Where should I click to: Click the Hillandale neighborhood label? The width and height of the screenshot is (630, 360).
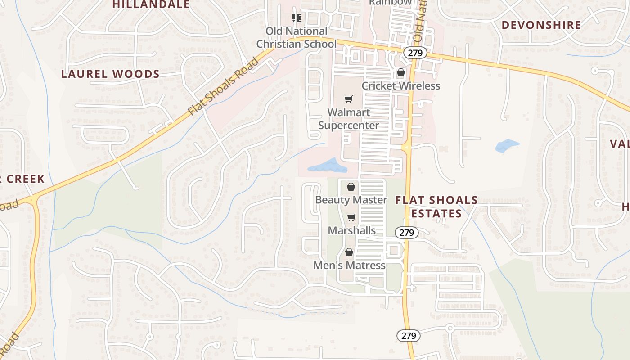(x=151, y=4)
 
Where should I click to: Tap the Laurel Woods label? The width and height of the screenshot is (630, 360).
(x=110, y=74)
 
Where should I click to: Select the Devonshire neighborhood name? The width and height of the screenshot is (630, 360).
(x=541, y=25)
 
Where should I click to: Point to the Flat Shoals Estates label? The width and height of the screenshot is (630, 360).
(x=436, y=207)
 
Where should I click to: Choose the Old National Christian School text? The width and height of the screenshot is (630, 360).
(x=297, y=38)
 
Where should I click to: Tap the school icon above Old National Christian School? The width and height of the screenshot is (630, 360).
(x=296, y=18)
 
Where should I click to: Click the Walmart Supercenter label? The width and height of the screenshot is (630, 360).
(x=349, y=119)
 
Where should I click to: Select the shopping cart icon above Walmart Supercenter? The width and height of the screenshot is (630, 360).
(x=349, y=99)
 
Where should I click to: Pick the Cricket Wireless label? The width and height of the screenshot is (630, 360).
(x=401, y=85)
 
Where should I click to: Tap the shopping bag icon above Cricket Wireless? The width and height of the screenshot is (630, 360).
(x=400, y=72)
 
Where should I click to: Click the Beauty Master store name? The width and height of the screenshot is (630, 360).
(x=351, y=200)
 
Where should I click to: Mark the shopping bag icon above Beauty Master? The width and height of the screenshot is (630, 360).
(x=351, y=186)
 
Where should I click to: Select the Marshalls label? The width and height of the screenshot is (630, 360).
(x=352, y=230)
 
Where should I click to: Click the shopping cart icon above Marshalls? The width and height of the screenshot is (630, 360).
(x=351, y=218)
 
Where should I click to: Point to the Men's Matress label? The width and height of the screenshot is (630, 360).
(x=349, y=265)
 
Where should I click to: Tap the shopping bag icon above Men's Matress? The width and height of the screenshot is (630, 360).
(x=349, y=252)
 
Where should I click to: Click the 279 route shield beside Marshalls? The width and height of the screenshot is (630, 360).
(x=407, y=233)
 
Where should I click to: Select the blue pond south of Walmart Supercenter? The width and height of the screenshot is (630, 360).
(x=328, y=166)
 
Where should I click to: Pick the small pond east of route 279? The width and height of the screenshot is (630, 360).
(x=507, y=146)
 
